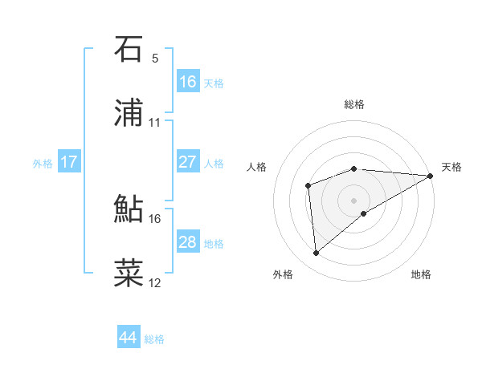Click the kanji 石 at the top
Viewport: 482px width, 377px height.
click(x=129, y=50)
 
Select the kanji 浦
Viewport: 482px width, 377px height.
click(x=129, y=114)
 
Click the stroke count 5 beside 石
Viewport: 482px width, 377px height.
click(x=155, y=59)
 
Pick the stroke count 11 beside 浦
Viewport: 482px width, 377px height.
click(x=155, y=123)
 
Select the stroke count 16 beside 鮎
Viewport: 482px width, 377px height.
click(x=155, y=217)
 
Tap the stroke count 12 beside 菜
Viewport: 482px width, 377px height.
click(x=155, y=282)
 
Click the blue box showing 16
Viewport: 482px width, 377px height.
click(x=188, y=82)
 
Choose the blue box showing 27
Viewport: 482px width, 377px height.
click(x=188, y=162)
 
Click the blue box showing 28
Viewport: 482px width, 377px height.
click(x=188, y=242)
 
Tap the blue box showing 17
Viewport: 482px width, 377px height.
click(x=69, y=162)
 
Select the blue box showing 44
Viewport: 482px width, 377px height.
click(x=129, y=338)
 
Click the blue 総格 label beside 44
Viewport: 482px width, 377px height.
click(x=154, y=339)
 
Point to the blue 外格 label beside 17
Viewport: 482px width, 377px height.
click(x=43, y=164)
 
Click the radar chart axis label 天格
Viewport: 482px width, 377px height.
click(x=451, y=167)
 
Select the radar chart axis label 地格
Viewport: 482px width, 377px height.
click(x=421, y=275)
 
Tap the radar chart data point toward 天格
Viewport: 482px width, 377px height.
click(x=430, y=176)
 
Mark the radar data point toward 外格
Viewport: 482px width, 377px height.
click(x=317, y=253)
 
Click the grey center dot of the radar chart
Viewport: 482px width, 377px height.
click(x=354, y=199)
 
